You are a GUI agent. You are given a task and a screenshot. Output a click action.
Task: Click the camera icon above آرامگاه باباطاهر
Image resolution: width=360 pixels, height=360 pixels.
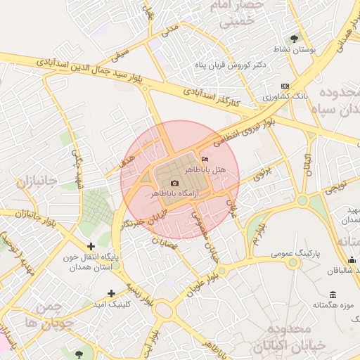pyautogui.click(x=175, y=184)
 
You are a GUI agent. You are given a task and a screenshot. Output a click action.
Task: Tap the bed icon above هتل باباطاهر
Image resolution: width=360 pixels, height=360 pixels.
pyautogui.click(x=205, y=160)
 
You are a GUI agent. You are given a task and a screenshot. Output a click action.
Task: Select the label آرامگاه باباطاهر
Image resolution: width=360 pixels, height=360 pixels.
pyautogui.click(x=175, y=193)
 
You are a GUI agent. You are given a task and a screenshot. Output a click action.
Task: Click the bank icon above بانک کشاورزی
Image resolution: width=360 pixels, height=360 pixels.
pyautogui.click(x=284, y=86)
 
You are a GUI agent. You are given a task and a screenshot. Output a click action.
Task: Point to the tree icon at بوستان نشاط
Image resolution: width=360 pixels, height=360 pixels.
pyautogui.click(x=294, y=39)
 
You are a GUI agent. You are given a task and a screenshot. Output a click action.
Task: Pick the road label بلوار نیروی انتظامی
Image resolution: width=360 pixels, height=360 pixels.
pyautogui.click(x=245, y=129)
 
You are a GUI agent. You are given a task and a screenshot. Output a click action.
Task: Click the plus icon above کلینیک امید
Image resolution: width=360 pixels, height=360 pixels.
pyautogui.click(x=111, y=293)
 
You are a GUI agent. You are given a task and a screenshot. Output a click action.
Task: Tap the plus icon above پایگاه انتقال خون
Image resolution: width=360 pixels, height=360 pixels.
pyautogui.click(x=91, y=246)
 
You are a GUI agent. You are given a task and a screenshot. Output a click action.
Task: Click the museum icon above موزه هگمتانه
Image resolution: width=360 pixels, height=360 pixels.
pyautogui.click(x=332, y=294)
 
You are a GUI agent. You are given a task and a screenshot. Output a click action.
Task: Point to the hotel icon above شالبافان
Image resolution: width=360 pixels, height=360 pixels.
pyautogui.click(x=352, y=260)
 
